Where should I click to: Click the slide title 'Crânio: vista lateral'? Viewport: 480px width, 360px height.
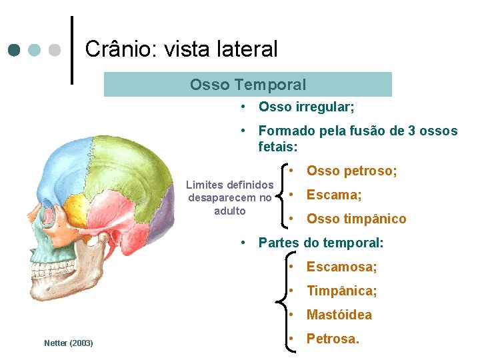tap(181, 49)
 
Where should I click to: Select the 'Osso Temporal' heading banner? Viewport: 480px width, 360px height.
tap(248, 85)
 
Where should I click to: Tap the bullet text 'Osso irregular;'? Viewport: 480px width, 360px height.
tap(306, 107)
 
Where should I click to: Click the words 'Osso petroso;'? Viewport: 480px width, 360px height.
tap(351, 171)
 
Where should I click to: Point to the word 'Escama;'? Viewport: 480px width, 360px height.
tap(334, 195)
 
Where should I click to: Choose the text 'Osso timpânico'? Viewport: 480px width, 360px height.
tap(356, 219)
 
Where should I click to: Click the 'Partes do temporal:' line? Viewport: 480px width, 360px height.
tap(321, 243)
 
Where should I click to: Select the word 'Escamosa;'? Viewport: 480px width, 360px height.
tap(341, 267)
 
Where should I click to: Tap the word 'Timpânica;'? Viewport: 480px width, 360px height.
tap(341, 291)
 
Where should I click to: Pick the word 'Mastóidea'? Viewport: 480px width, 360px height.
tap(339, 315)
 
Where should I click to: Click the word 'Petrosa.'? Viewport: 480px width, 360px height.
tap(333, 339)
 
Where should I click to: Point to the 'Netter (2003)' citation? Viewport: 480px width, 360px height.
tap(68, 343)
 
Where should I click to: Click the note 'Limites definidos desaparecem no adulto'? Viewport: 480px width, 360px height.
tap(230, 197)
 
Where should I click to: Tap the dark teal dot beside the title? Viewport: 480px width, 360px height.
tap(15, 50)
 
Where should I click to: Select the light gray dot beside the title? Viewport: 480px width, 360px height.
tap(55, 50)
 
